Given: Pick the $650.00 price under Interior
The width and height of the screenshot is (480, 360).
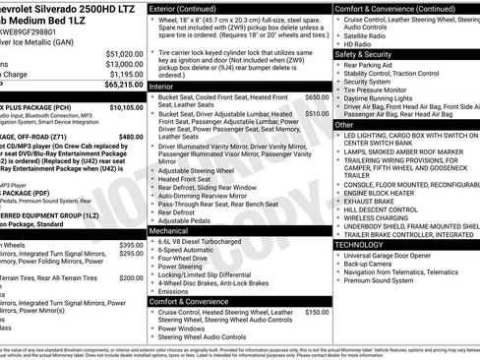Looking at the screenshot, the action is pos(317,97).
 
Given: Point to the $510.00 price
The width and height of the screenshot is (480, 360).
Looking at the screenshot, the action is pos(317,113).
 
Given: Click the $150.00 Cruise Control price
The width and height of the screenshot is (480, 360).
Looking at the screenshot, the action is pos(317,312).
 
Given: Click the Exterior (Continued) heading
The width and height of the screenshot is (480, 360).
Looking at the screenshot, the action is pos(190,8).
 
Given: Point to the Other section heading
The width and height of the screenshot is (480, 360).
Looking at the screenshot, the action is pos(344,125).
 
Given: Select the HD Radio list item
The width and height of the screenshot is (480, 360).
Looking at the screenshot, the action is pos(360,44).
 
